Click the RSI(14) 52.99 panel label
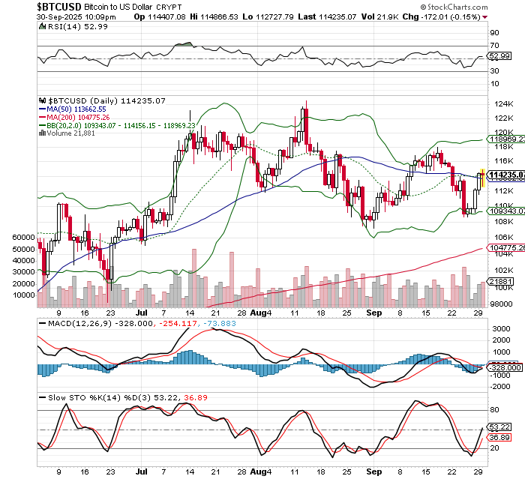[67, 26]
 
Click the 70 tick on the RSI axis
[495, 46]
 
